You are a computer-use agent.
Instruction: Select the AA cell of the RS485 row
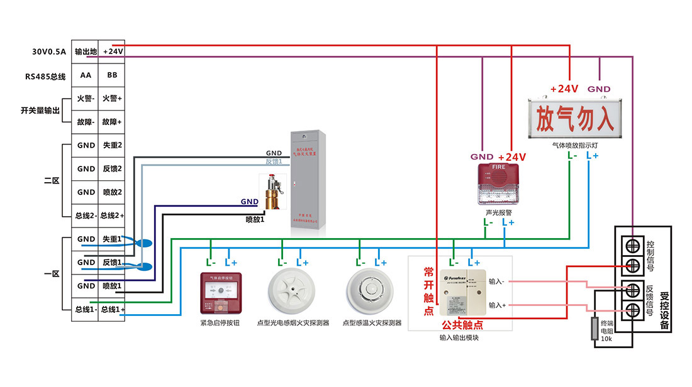tap(86, 75)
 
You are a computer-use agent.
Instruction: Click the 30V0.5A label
tap(47, 52)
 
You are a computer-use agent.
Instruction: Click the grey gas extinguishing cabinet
tap(305, 182)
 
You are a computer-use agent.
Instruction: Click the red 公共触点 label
tap(462, 325)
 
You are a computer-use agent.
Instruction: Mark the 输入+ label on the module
tap(498, 305)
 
